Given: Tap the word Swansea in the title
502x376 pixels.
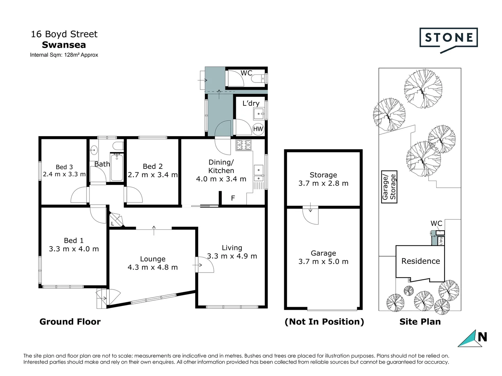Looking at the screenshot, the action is click(x=64, y=45).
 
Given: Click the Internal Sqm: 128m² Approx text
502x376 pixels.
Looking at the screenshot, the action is click(x=64, y=55).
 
